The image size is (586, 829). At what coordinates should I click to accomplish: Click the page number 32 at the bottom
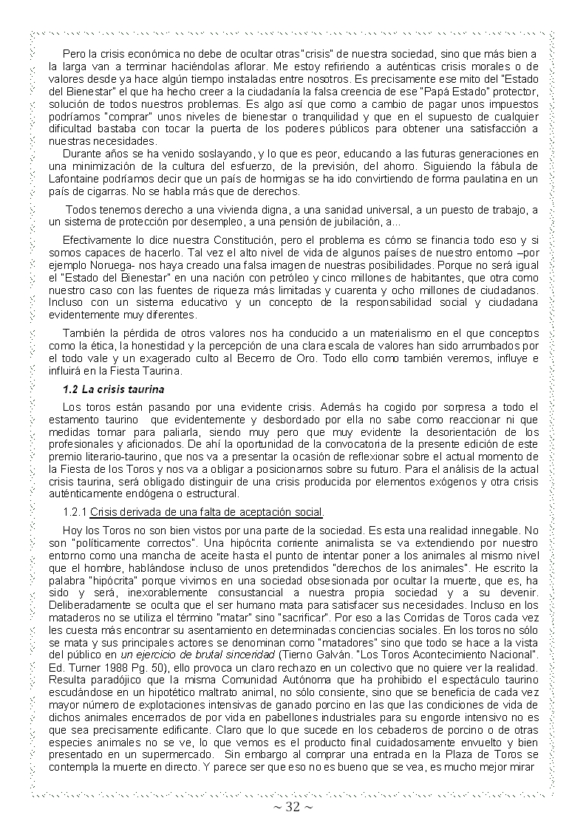click(x=293, y=807)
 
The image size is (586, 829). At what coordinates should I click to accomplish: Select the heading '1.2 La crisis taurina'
click(x=114, y=389)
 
